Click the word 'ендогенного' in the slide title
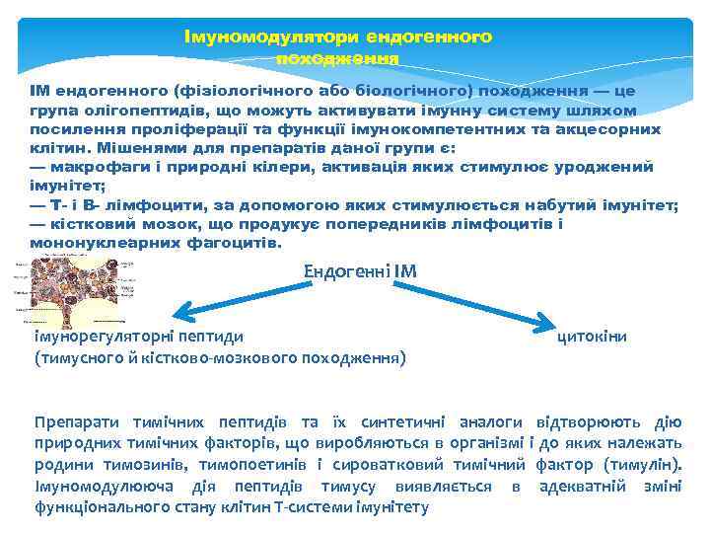[429, 37]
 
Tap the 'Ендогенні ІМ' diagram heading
[360, 270]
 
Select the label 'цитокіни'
[593, 337]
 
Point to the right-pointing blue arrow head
[546, 319]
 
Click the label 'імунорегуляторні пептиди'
[138, 337]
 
